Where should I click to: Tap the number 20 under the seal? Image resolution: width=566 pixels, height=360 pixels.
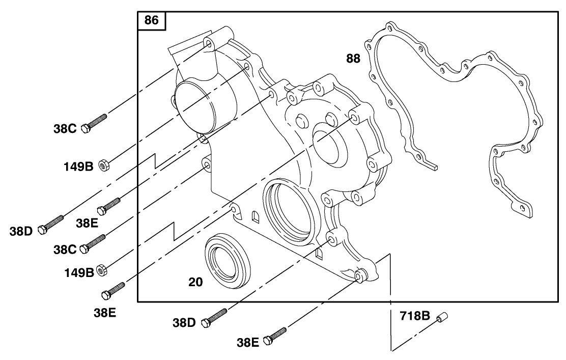click(195, 282)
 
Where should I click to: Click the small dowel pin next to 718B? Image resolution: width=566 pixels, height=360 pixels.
click(441, 317)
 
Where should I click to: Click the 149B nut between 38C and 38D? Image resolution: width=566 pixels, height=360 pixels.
click(101, 165)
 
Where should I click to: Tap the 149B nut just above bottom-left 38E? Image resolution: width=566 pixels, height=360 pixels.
click(101, 270)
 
